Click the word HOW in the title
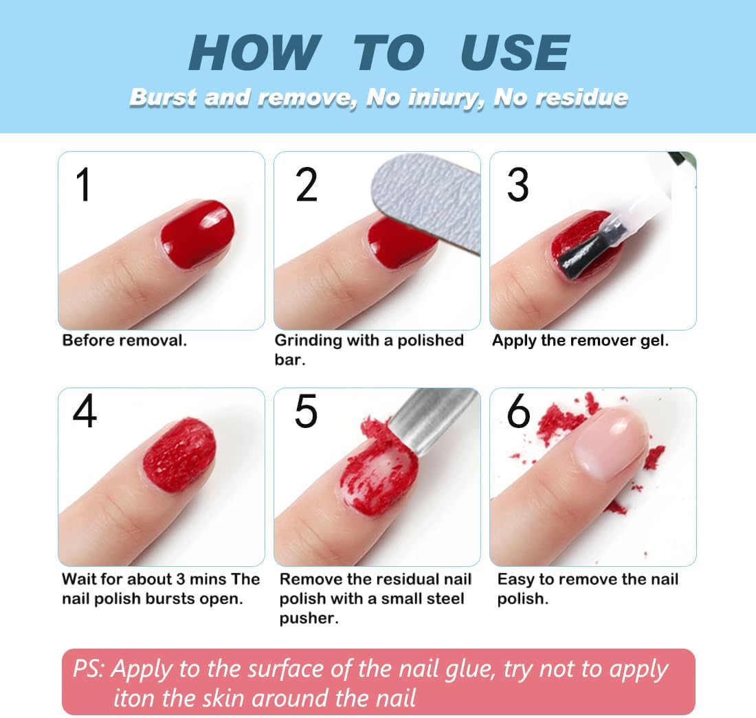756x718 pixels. click(255, 52)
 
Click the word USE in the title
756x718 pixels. click(515, 52)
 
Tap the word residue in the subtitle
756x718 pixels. click(582, 98)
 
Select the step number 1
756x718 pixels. click(83, 185)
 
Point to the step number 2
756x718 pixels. click(307, 185)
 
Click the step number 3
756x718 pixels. click(518, 185)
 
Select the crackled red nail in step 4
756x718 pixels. click(179, 454)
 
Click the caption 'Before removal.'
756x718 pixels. click(124, 341)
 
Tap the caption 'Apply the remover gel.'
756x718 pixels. click(581, 341)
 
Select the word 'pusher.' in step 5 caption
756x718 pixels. click(309, 619)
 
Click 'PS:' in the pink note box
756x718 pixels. click(88, 669)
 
